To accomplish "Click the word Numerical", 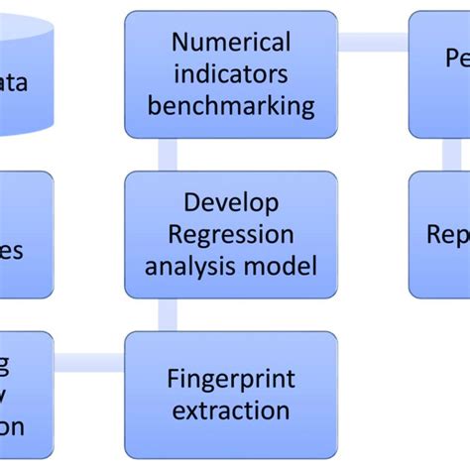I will pos(231,43).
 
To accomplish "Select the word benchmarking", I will pos(231,105).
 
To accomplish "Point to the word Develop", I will pos(231,202).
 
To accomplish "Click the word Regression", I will pos(231,234).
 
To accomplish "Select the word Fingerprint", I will pos(231,379).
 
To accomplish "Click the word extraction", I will pos(231,411).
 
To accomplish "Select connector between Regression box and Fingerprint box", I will pos(167,314).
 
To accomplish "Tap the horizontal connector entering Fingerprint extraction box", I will pos(89,363).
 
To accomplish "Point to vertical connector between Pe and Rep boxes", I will pos(451,154).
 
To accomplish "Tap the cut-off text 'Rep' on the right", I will pos(448,234).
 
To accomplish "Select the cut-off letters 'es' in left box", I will pos(14,250).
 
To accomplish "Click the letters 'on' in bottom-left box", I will pos(12,428).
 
